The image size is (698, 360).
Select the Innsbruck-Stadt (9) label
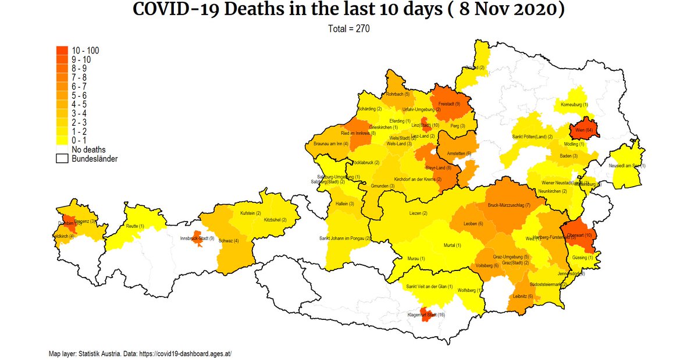click(x=197, y=238)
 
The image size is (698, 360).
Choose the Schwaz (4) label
click(x=227, y=241)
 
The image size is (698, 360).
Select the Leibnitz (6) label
click(x=521, y=296)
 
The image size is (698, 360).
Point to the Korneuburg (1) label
click(x=574, y=105)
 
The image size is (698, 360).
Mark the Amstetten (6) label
click(x=459, y=153)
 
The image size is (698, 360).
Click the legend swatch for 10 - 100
click(x=62, y=51)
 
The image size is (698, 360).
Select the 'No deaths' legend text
click(x=89, y=149)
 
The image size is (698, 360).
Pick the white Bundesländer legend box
click(x=62, y=158)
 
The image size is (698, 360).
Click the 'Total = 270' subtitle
click(x=349, y=28)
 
